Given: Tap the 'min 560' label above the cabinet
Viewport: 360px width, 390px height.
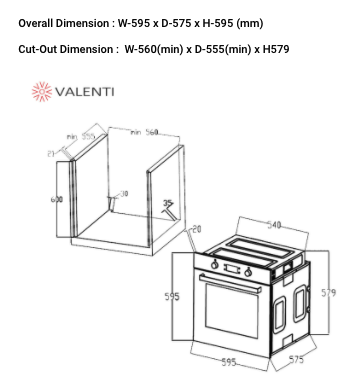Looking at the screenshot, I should click(x=144, y=132).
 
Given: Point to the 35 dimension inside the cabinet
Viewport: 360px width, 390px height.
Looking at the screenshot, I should click(x=167, y=203).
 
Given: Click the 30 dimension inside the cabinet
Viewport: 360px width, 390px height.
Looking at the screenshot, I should click(x=123, y=193).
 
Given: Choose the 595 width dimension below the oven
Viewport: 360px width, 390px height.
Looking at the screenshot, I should click(x=229, y=363).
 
